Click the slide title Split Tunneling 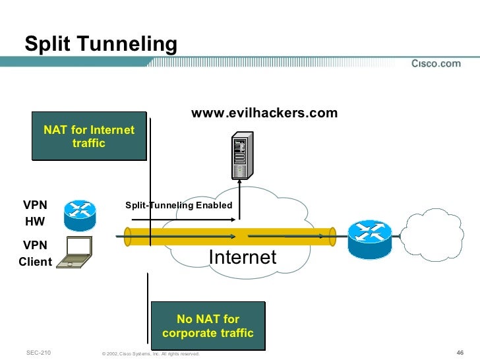point(101,44)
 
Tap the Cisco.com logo point(436,63)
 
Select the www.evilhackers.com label point(264,113)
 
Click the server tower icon point(241,156)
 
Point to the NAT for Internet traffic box point(88,136)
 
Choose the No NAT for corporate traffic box point(208,326)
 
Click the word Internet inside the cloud point(243,257)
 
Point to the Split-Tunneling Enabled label point(179,205)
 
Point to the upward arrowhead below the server point(241,187)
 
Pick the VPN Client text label point(35,253)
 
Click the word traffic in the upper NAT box point(89,143)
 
